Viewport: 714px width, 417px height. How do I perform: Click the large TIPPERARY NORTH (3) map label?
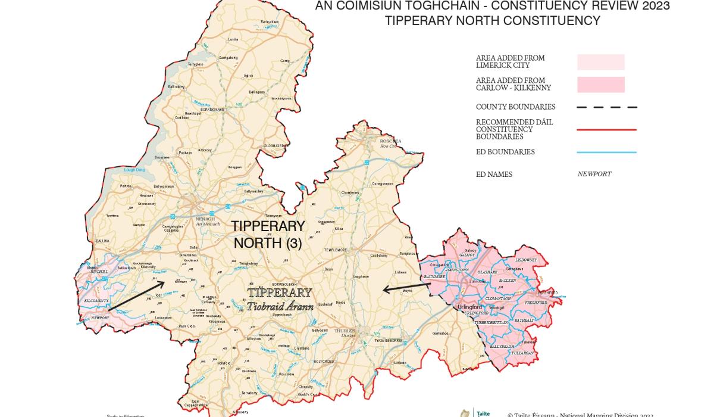point(268,235)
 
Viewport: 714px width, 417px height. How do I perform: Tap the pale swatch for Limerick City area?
point(600,62)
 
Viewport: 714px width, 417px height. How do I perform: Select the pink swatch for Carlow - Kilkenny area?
point(600,85)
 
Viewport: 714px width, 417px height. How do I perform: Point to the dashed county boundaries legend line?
point(606,107)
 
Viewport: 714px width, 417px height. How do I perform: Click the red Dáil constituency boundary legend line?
point(606,129)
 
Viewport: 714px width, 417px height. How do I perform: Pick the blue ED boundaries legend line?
point(606,152)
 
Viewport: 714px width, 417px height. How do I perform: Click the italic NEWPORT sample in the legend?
point(594,175)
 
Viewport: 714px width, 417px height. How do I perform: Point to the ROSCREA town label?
point(390,142)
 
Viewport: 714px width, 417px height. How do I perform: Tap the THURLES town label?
point(345,331)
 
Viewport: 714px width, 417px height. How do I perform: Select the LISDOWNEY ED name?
point(526,260)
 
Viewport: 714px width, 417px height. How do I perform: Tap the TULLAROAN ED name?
point(522,353)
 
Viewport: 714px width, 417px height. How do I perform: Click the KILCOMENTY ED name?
point(96,301)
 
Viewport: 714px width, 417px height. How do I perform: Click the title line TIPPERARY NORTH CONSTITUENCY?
point(492,21)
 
